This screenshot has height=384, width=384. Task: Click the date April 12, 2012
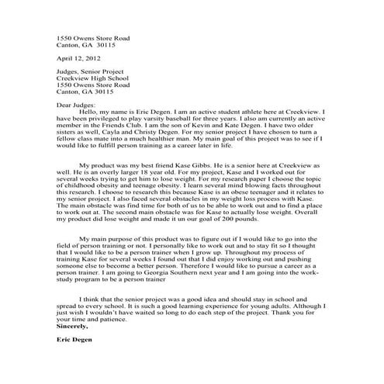pyautogui.click(x=78, y=58)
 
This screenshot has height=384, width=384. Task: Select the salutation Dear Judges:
pyautogui.click(x=76, y=104)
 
